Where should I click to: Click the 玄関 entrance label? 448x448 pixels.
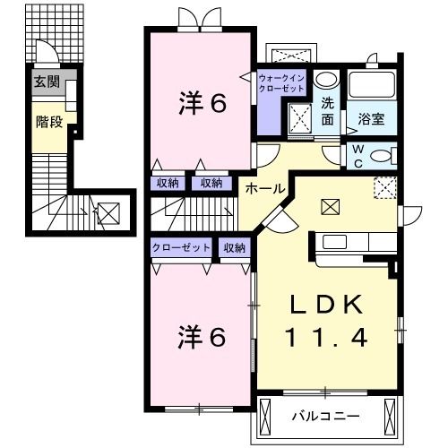47,82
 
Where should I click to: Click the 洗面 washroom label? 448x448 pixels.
328,110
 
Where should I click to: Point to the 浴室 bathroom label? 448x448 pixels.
371,117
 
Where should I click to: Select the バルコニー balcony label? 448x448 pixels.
326,416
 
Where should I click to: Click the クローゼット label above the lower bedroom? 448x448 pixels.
180,247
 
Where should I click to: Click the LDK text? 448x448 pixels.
325,305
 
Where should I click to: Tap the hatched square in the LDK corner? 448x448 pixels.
386,186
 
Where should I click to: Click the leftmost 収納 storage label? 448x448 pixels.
168,183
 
